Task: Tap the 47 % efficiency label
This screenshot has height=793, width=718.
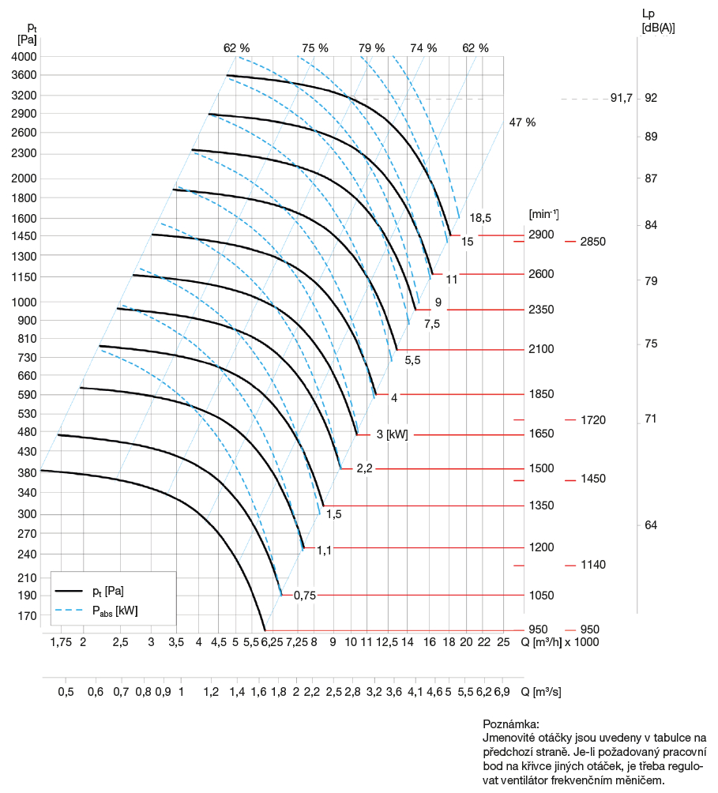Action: (522, 122)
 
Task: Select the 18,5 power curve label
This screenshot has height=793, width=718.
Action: (480, 217)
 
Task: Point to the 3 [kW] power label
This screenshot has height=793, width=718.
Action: (392, 434)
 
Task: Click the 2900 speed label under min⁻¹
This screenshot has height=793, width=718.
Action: (542, 235)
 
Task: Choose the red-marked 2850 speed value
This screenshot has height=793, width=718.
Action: (592, 242)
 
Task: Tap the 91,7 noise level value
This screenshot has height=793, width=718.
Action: (622, 99)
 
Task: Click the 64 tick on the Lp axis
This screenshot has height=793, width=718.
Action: (651, 525)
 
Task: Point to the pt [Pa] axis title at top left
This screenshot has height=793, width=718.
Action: (27, 32)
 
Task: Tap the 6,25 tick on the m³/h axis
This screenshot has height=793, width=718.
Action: (273, 642)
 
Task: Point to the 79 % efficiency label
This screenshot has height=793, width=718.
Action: (371, 47)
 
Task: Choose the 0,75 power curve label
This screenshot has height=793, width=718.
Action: (304, 596)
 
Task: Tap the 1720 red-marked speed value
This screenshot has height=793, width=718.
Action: (592, 419)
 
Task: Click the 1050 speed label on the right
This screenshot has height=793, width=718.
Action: (542, 596)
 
